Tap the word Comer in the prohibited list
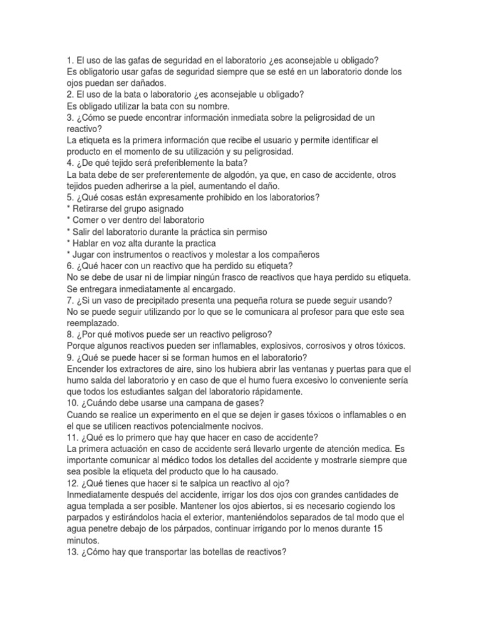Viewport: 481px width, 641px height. tap(86, 220)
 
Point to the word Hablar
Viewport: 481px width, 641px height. tap(87, 243)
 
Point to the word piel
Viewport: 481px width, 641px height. tap(155, 186)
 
